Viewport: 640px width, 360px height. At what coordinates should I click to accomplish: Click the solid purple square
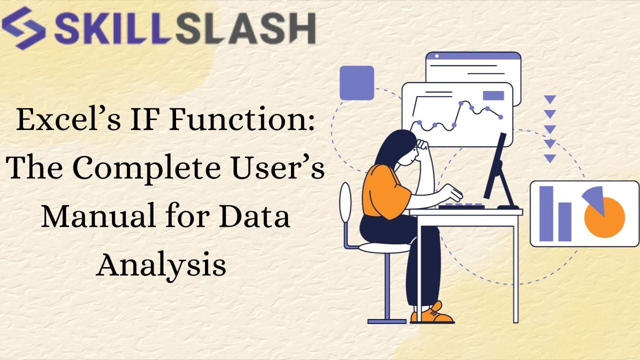click(x=356, y=83)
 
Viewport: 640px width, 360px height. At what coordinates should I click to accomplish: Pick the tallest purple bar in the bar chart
click(x=546, y=213)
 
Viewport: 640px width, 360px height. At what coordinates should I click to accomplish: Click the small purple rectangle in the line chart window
click(x=493, y=95)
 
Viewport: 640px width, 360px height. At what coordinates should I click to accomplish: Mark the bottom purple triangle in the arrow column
click(x=550, y=158)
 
